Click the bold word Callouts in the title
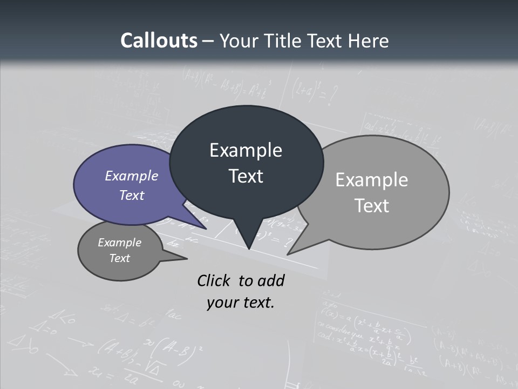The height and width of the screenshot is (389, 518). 159,41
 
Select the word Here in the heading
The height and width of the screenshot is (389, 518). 368,41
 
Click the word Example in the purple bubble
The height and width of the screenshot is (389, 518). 132,176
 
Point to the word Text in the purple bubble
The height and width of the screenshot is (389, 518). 132,195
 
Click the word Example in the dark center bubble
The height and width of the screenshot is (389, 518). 246,150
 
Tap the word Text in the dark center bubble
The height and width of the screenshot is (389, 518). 246,176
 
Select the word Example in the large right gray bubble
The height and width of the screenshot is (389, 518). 372,180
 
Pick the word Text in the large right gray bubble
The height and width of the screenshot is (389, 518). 372,206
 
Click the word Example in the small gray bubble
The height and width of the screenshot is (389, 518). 120,243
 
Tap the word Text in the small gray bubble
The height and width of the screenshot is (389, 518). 120,258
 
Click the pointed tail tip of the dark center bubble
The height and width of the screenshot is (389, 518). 248,249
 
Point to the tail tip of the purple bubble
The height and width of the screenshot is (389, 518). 206,229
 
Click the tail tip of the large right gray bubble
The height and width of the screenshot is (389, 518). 288,254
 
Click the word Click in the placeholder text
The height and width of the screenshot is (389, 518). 214,280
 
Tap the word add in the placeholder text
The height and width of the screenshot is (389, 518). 271,280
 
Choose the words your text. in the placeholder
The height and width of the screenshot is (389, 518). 241,303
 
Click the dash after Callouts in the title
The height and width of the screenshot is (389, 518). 208,41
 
